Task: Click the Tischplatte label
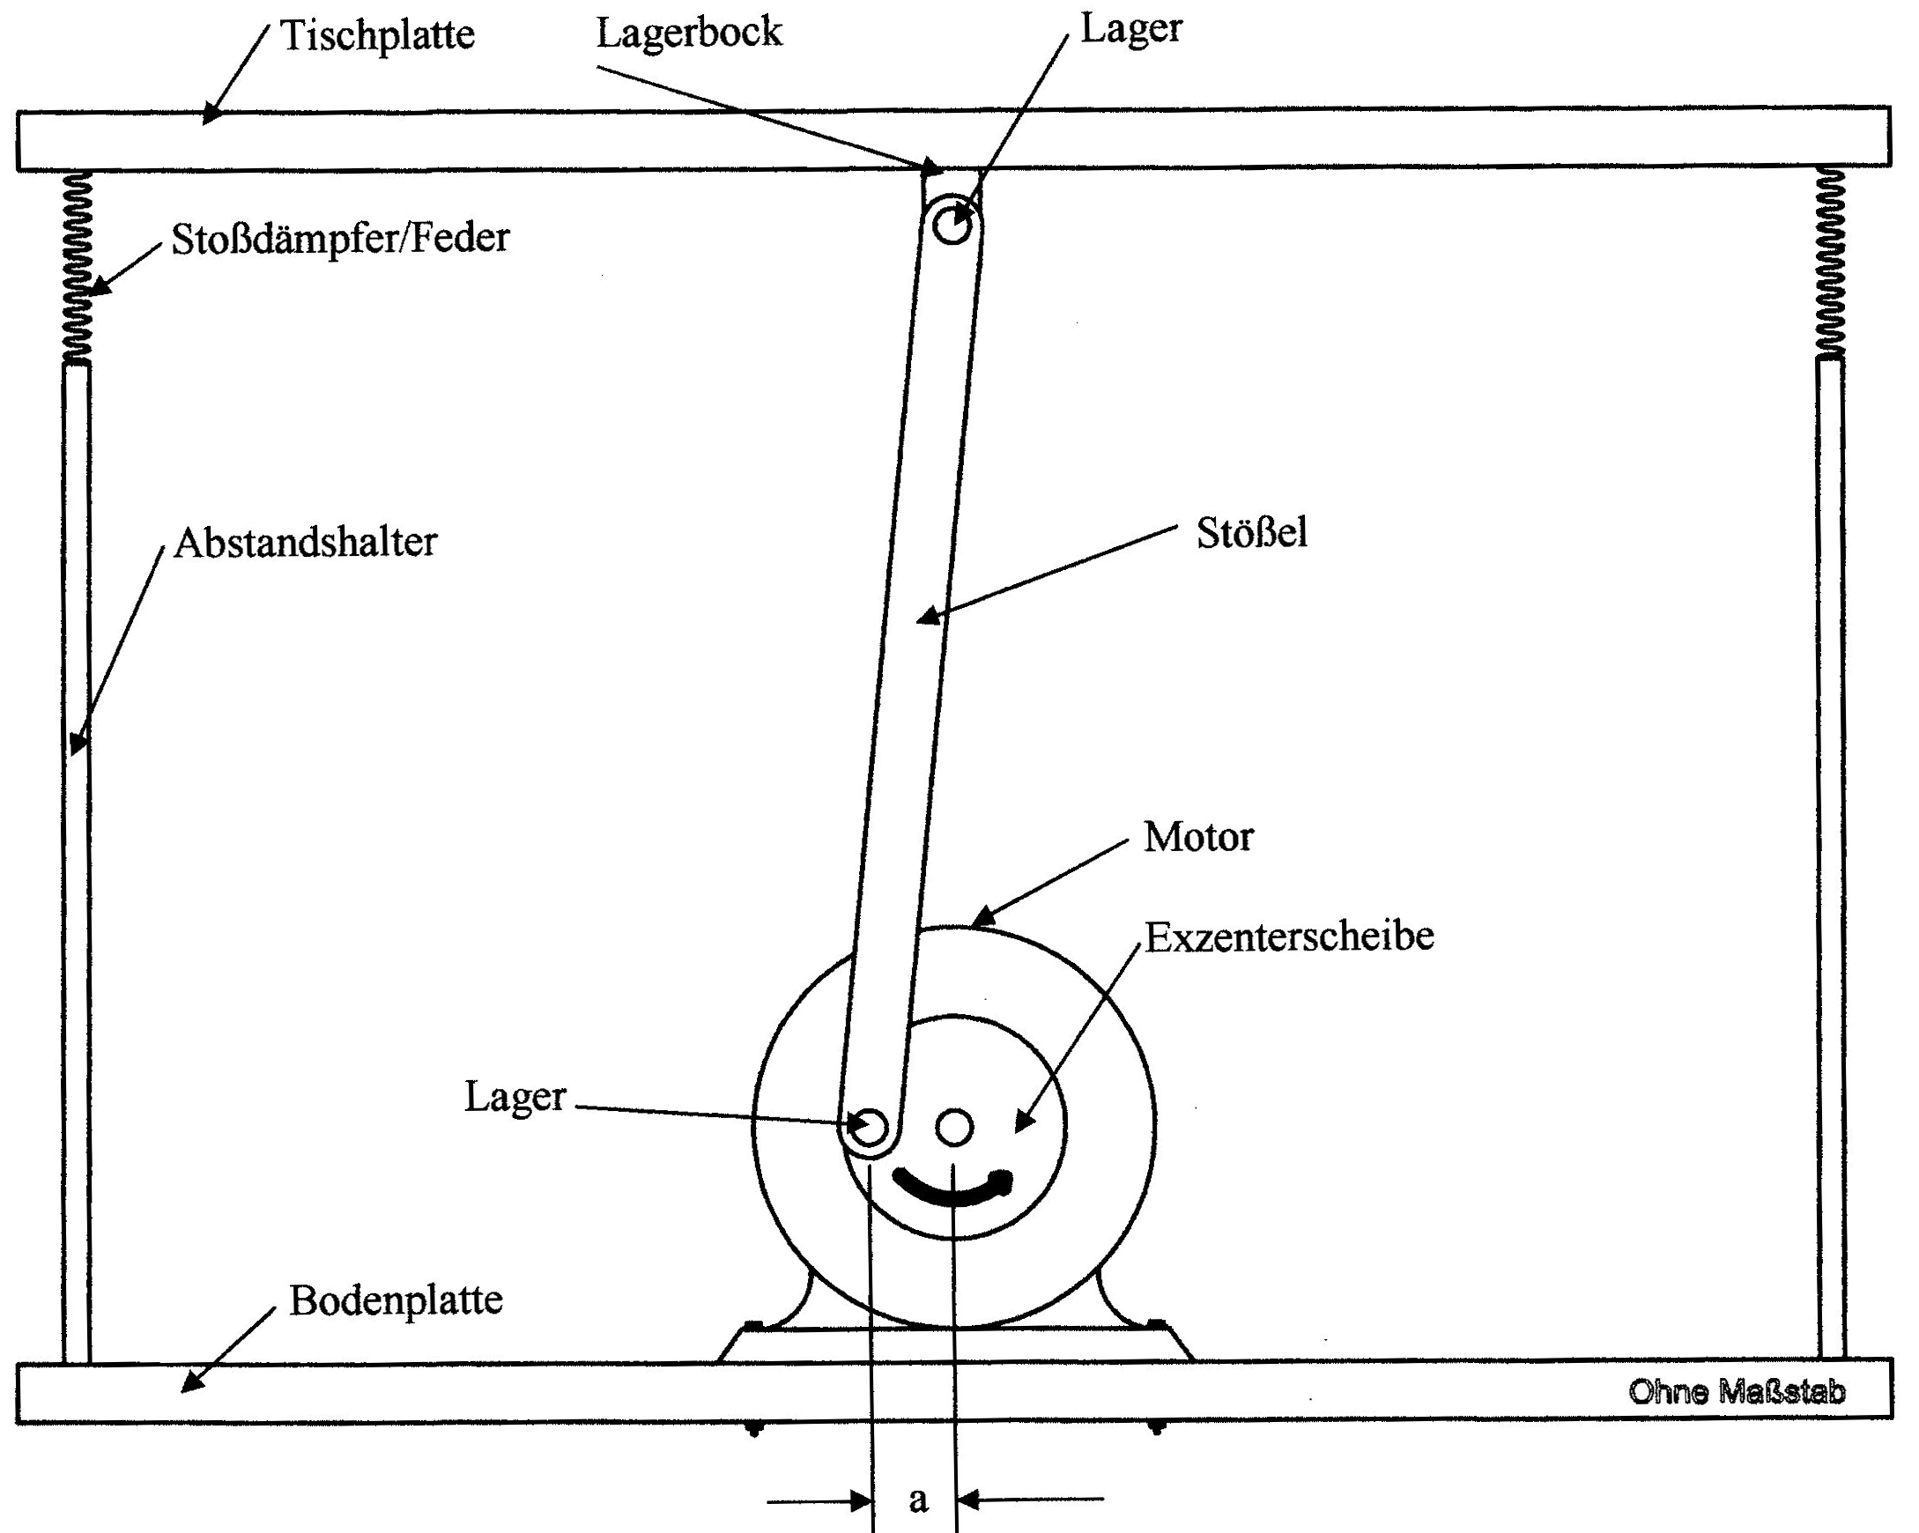coord(377,36)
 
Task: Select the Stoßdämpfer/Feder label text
coord(340,239)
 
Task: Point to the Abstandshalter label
coord(305,543)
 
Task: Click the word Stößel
coord(1251,533)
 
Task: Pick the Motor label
coord(1198,838)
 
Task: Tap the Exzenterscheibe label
coord(1289,937)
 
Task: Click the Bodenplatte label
coord(396,1300)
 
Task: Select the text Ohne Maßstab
coord(1737,1391)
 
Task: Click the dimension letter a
coord(918,1500)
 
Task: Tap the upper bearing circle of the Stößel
coord(952,226)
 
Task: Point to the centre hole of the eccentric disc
coord(954,1127)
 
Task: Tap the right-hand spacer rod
coord(1831,855)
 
